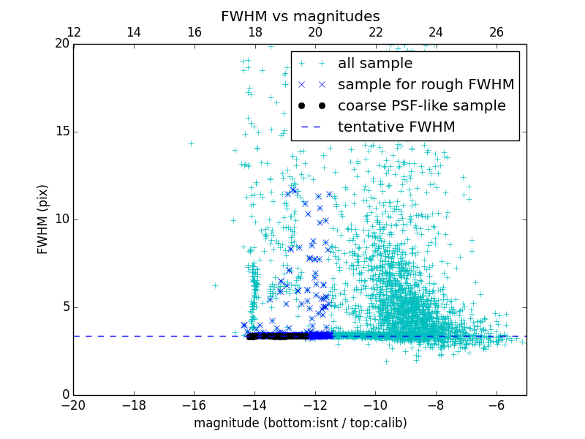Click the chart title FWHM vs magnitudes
click(300, 16)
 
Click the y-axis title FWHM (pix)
click(43, 219)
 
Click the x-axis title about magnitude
click(300, 423)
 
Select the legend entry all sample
click(375, 64)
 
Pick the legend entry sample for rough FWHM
click(426, 85)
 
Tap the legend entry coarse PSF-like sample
click(421, 106)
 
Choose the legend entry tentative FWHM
click(396, 127)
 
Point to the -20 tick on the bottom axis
click(73, 405)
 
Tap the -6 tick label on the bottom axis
click(496, 405)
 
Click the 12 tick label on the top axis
click(74, 32)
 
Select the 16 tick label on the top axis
click(195, 32)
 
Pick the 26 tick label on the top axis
click(496, 32)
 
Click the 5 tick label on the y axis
click(64, 307)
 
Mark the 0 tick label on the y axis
click(64, 395)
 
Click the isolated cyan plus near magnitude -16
click(191, 143)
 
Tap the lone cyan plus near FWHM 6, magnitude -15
click(215, 285)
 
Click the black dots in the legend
click(312, 106)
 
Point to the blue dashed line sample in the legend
click(312, 127)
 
